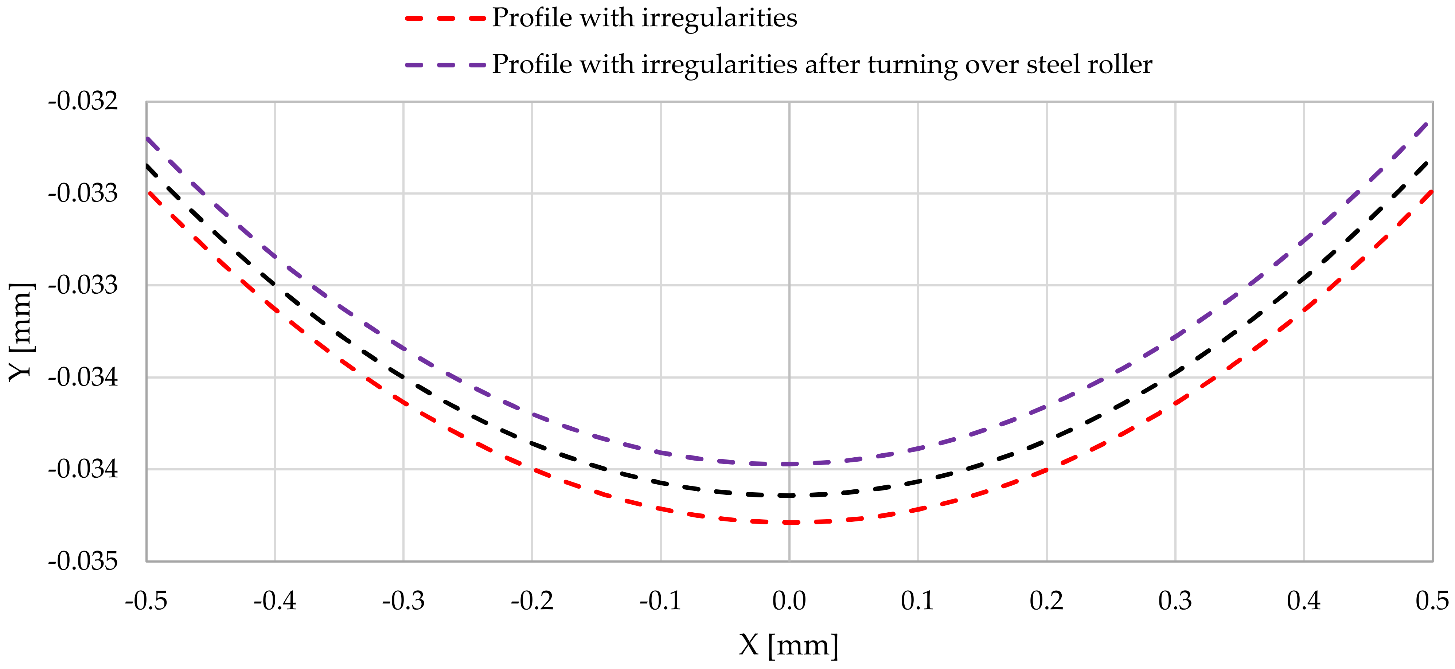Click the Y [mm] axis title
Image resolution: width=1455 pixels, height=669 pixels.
22,332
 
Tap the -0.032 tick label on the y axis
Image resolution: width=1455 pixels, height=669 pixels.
83,102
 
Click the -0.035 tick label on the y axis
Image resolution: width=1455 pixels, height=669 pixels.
83,562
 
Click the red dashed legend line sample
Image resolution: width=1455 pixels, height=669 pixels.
445,19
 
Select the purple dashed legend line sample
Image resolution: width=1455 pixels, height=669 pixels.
445,65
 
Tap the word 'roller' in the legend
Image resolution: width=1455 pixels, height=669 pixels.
1121,64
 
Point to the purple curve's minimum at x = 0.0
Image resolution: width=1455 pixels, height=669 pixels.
789,464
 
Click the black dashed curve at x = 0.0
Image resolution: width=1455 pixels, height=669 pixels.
789,495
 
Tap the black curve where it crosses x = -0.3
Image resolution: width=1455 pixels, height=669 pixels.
403,376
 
